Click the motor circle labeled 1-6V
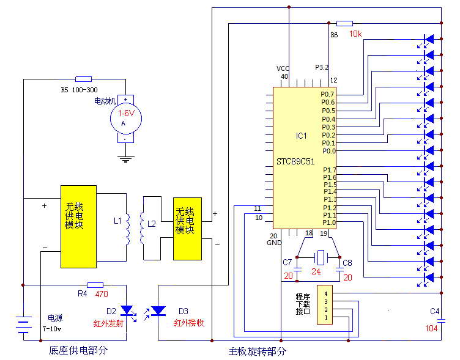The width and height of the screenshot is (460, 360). click(126, 119)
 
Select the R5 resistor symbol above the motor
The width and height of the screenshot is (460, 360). click(83, 79)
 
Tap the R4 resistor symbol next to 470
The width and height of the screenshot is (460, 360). click(95, 285)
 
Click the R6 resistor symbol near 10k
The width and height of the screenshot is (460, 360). click(345, 23)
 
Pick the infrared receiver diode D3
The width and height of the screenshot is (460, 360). click(158, 310)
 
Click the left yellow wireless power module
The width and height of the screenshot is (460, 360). click(79, 227)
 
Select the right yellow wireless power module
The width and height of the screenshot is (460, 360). click(187, 229)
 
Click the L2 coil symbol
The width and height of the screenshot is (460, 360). click(143, 228)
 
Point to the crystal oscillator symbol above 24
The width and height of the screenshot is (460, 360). click(321, 258)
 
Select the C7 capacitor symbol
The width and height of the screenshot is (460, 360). click(297, 270)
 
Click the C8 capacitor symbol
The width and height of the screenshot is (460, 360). click(339, 270)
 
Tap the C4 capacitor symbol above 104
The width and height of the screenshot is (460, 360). click(441, 321)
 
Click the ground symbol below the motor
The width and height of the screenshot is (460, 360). click(126, 159)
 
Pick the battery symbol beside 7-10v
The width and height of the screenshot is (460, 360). click(23, 325)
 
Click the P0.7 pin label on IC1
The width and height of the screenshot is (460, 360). click(327, 94)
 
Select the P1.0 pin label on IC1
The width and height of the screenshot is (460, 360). click(329, 222)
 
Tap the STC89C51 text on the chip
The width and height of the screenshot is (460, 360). click(295, 161)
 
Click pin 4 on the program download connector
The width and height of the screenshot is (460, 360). click(326, 293)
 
